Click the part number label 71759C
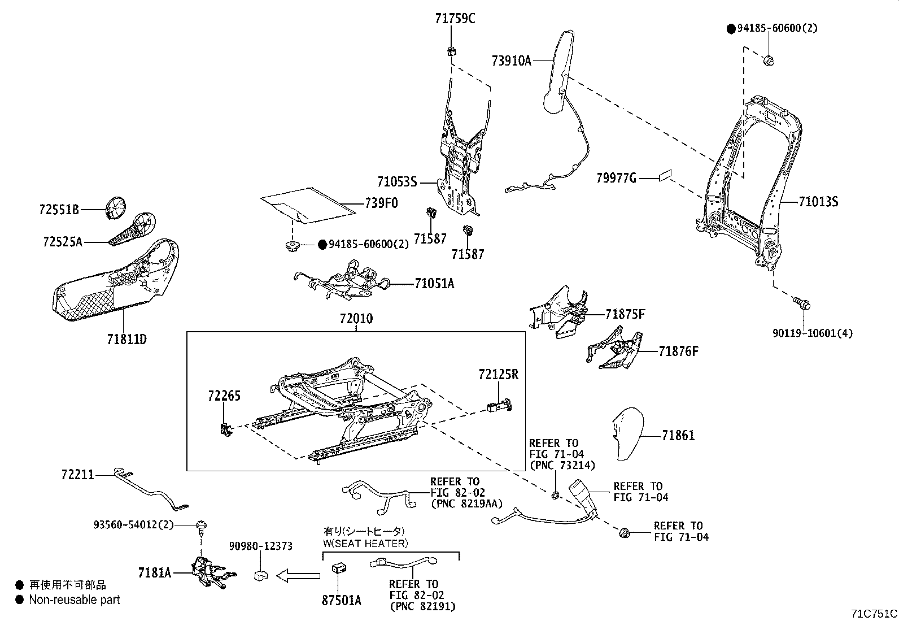pyautogui.click(x=455, y=19)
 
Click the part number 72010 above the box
pyautogui.click(x=356, y=319)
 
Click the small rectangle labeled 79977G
pyautogui.click(x=665, y=176)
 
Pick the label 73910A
pyautogui.click(x=511, y=60)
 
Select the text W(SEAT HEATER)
pyautogui.click(x=364, y=544)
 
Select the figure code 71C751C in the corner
pyautogui.click(x=874, y=613)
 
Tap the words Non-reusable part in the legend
pyautogui.click(x=75, y=600)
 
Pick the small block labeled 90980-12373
pyautogui.click(x=261, y=575)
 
